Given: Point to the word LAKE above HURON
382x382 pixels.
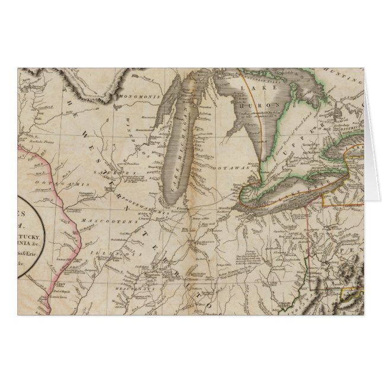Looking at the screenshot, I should click(x=250, y=88).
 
